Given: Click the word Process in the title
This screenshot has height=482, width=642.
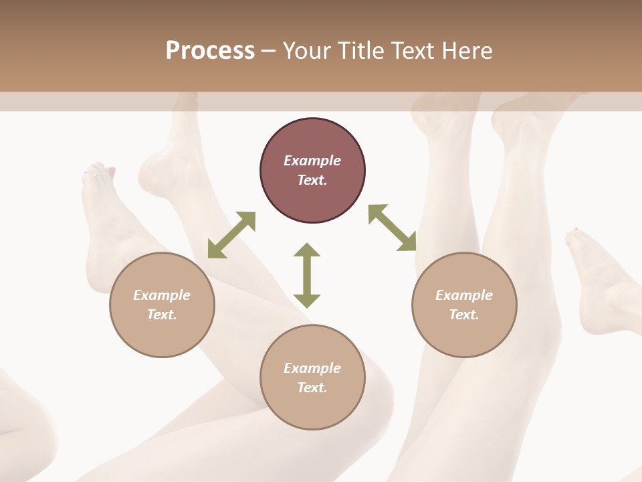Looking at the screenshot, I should [210, 51].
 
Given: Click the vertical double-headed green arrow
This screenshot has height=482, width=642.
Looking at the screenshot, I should [307, 275].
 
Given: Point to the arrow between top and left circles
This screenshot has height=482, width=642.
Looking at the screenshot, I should [231, 235].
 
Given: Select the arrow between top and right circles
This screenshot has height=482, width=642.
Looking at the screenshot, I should [392, 228].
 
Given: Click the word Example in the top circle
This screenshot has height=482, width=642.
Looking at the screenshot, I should [312, 161].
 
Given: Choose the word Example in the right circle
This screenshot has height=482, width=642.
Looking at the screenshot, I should [464, 295].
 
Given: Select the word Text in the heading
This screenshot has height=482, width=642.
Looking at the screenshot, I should [414, 51].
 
